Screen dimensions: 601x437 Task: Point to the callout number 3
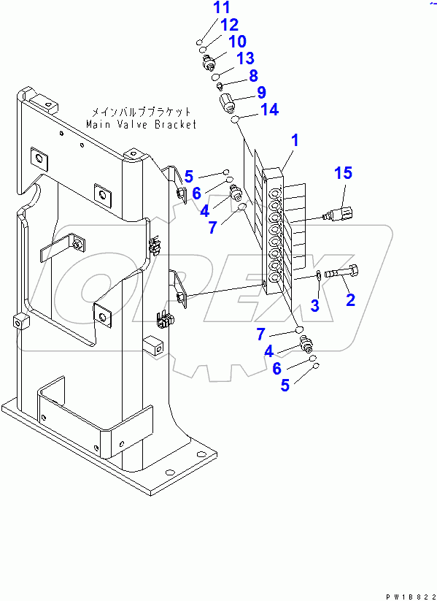[314, 305]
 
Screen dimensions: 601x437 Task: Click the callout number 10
[237, 41]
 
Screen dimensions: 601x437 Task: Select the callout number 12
[229, 25]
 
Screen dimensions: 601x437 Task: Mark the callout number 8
[253, 75]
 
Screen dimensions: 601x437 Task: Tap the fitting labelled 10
[208, 61]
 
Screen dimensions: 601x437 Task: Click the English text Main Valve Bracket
[142, 124]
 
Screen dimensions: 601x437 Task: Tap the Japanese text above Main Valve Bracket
[142, 112]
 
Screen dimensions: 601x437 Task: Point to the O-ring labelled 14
[235, 119]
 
